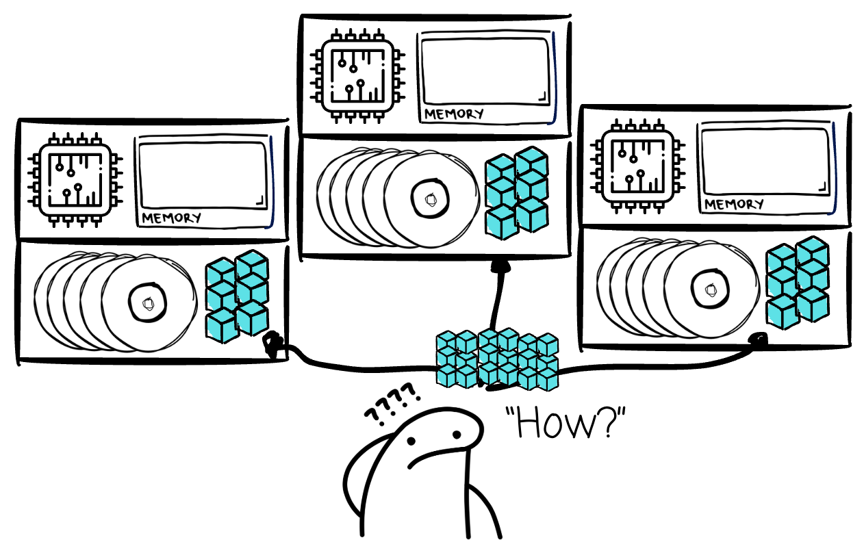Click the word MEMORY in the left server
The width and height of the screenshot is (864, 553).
(171, 218)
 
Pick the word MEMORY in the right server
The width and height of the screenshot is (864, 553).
(733, 204)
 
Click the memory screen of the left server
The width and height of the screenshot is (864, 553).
(203, 174)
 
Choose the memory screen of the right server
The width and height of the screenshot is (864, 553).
(765, 162)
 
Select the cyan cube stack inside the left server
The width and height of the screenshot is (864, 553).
(237, 296)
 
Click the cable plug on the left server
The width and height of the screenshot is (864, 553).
(274, 342)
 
